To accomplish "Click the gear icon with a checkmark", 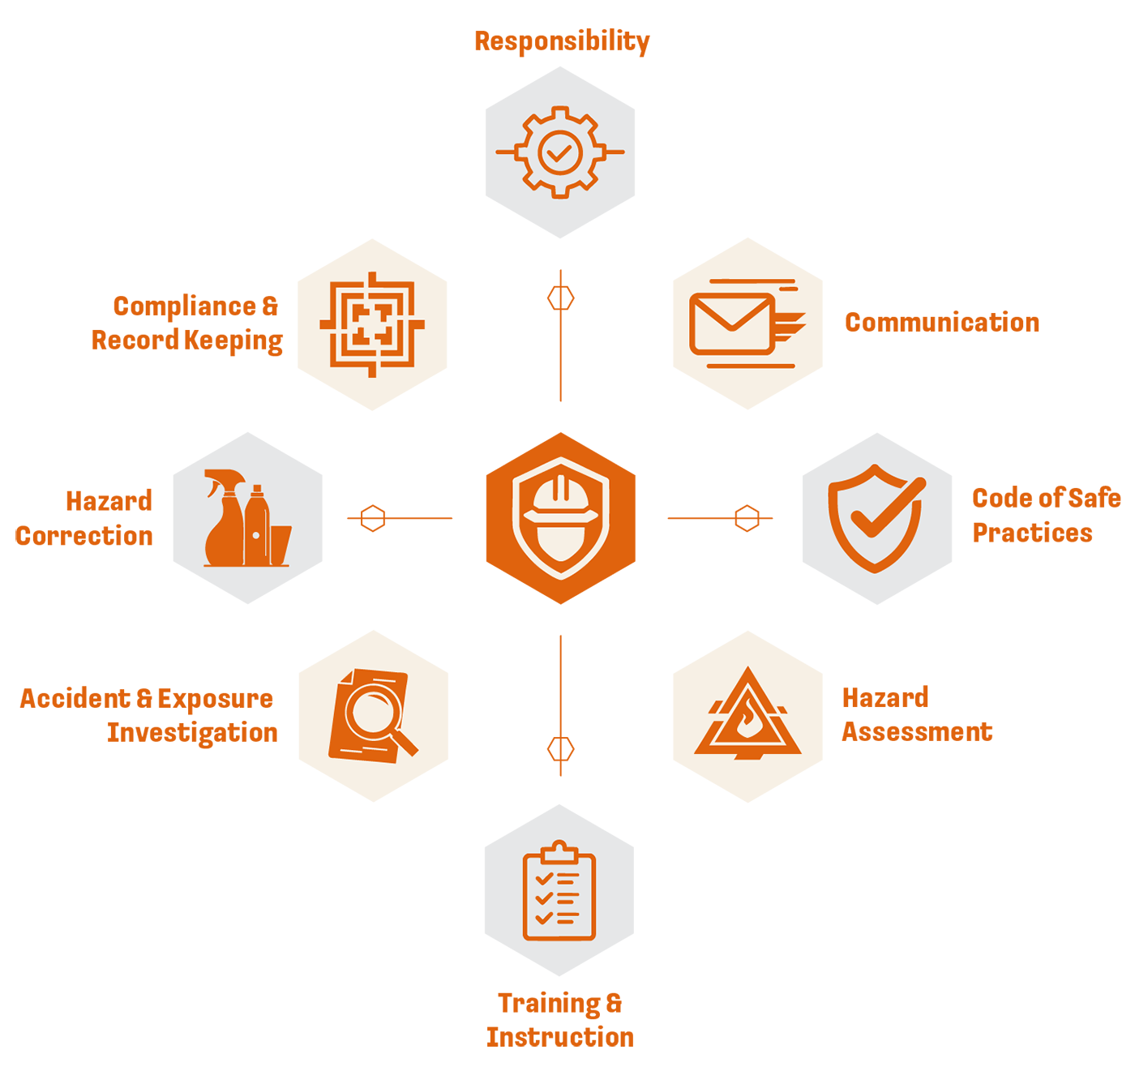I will click(x=559, y=152).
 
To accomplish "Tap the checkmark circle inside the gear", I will click(x=559, y=152).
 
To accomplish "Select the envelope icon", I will click(x=731, y=323).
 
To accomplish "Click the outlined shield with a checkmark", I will click(x=875, y=519).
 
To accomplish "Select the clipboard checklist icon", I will click(x=559, y=892).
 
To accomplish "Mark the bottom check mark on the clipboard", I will click(x=544, y=918).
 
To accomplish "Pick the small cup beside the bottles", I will click(x=281, y=545).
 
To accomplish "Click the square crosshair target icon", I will click(x=372, y=324).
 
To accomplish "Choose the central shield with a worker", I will click(x=560, y=518).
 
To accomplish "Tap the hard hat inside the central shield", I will click(x=560, y=499).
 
